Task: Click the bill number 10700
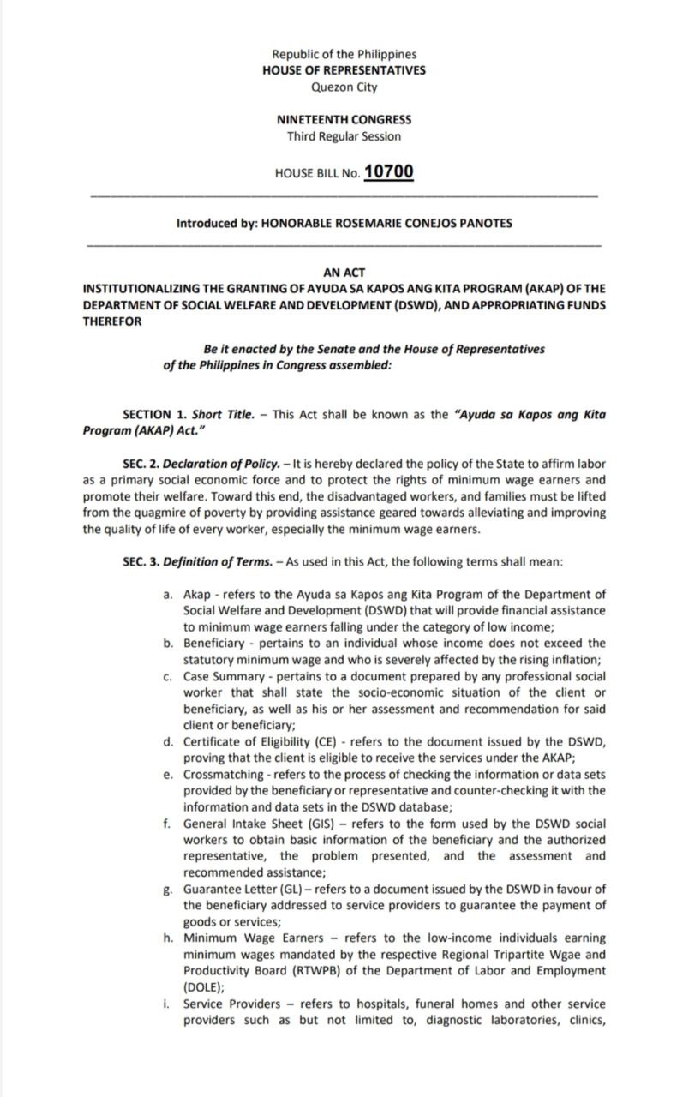(x=388, y=171)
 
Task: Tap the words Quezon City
(x=344, y=87)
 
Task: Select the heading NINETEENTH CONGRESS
(x=344, y=120)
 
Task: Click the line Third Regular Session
(x=344, y=136)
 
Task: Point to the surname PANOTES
(x=482, y=223)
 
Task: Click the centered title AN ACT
(x=344, y=273)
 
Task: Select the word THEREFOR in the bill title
(x=108, y=321)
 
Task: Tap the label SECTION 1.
(x=147, y=414)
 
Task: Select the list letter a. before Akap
(x=167, y=594)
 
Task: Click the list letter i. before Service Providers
(x=167, y=1004)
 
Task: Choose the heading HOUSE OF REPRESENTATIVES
(x=344, y=70)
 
